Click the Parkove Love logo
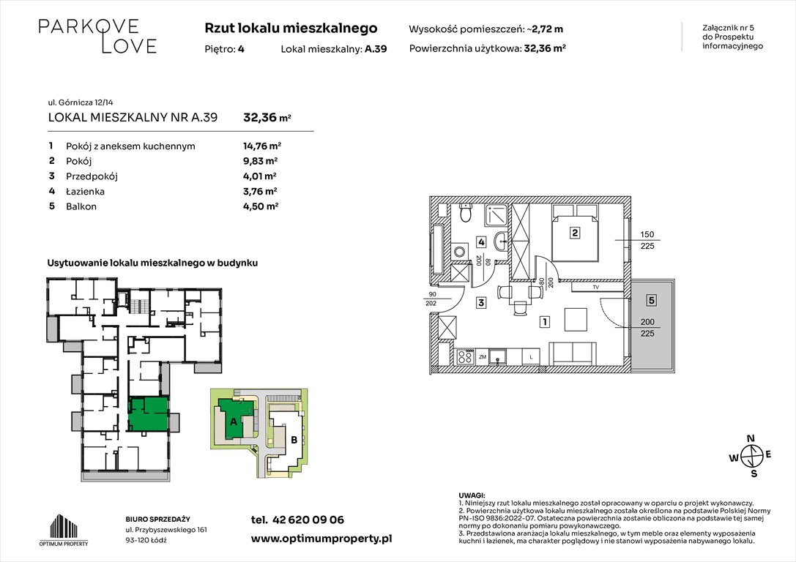click(x=97, y=36)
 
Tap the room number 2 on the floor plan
click(x=576, y=234)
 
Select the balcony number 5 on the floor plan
click(x=651, y=299)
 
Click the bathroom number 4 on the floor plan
click(x=481, y=242)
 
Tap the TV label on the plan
click(x=595, y=288)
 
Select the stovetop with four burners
click(x=464, y=358)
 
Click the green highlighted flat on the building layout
click(x=148, y=413)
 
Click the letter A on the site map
click(x=233, y=421)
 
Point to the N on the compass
click(x=751, y=439)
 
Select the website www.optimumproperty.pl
click(x=321, y=538)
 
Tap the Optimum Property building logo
click(x=63, y=527)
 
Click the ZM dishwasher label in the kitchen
click(x=483, y=358)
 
